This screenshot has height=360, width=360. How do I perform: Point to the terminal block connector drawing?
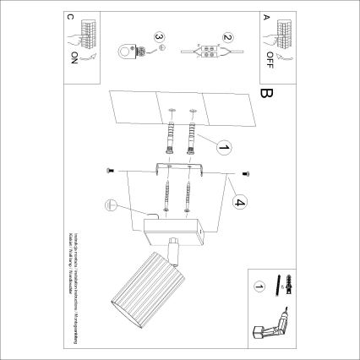[204, 49]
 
